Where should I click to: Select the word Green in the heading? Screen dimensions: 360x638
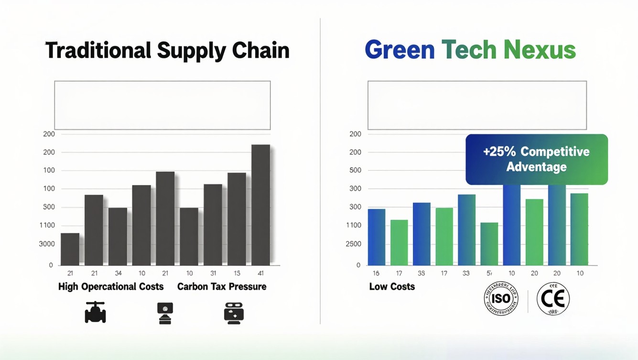pos(400,50)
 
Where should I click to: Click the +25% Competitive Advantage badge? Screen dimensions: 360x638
pos(536,159)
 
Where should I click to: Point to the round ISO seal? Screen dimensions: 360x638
pos(501,298)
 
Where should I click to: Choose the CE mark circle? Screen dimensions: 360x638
pos(553,299)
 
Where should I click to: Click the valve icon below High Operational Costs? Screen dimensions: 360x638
pos(95,313)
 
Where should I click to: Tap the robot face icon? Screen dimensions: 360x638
pos(234,313)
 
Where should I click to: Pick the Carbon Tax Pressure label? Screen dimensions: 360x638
pos(222,287)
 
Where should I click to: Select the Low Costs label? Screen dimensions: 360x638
pos(392,287)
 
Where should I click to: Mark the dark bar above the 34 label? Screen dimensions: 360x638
pos(118,236)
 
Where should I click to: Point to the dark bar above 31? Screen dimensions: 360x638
pos(213,224)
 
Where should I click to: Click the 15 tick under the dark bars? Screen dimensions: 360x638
pos(237,273)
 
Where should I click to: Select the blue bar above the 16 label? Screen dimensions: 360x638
pos(376,237)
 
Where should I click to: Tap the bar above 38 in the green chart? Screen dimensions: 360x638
pos(422,234)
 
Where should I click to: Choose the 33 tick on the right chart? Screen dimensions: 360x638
pos(466,273)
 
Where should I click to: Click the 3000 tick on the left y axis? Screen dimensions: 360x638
pos(47,244)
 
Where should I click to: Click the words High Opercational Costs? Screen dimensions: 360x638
pos(111,287)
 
